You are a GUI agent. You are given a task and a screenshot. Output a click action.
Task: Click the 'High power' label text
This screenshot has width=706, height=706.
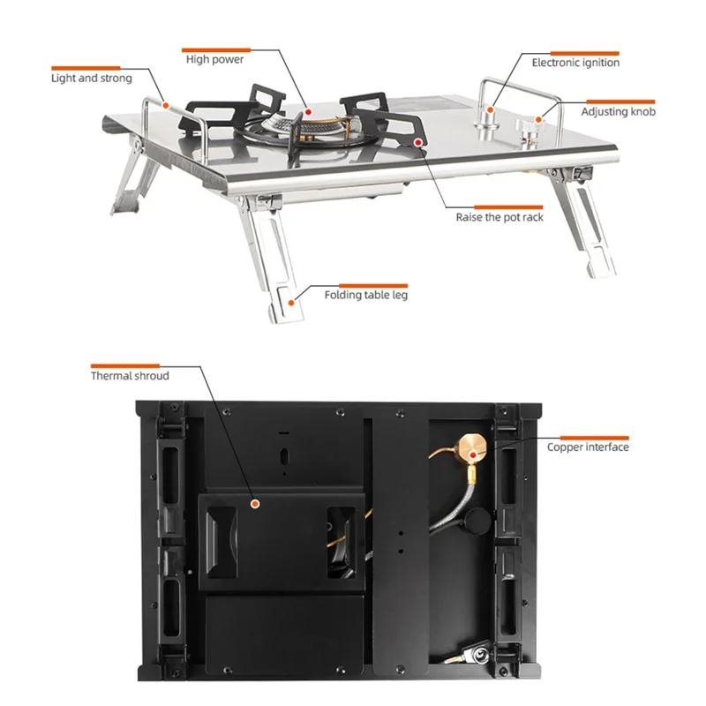[214, 59]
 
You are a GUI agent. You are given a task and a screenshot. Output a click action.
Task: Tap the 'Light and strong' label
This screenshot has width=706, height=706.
[92, 79]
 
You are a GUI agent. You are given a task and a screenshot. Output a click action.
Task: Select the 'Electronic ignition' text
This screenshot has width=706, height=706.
[575, 63]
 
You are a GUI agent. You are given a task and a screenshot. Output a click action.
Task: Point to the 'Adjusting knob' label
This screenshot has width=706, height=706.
[619, 112]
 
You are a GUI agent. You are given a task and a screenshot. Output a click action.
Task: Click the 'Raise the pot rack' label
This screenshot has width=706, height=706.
[499, 217]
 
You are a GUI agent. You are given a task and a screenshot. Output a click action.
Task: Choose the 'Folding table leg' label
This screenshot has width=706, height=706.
[365, 295]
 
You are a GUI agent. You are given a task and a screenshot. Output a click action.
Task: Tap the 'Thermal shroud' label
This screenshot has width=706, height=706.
[130, 376]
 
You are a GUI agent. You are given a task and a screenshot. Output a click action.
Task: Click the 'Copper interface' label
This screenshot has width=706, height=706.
[588, 447]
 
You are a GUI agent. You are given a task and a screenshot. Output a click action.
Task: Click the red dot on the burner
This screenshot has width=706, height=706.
[308, 112]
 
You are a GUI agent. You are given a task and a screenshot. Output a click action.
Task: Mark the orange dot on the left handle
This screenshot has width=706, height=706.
[166, 106]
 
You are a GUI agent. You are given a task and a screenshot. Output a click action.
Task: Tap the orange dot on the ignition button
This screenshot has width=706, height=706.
[491, 109]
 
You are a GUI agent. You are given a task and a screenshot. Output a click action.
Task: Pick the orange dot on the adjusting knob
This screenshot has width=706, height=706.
[538, 120]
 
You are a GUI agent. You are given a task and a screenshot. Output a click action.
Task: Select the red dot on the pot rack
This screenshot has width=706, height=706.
[418, 142]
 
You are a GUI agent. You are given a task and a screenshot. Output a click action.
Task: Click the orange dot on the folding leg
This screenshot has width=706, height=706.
[291, 303]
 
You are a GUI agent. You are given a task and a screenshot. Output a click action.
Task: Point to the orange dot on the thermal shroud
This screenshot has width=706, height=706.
[255, 504]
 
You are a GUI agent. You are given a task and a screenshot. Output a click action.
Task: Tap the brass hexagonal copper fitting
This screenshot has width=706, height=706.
[473, 447]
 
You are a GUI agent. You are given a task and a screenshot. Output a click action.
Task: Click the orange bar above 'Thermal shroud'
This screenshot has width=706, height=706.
[125, 366]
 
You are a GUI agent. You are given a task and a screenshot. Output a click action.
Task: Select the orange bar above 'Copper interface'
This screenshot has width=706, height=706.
[594, 438]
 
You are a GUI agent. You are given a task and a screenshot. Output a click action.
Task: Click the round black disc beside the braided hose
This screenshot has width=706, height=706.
[478, 522]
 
